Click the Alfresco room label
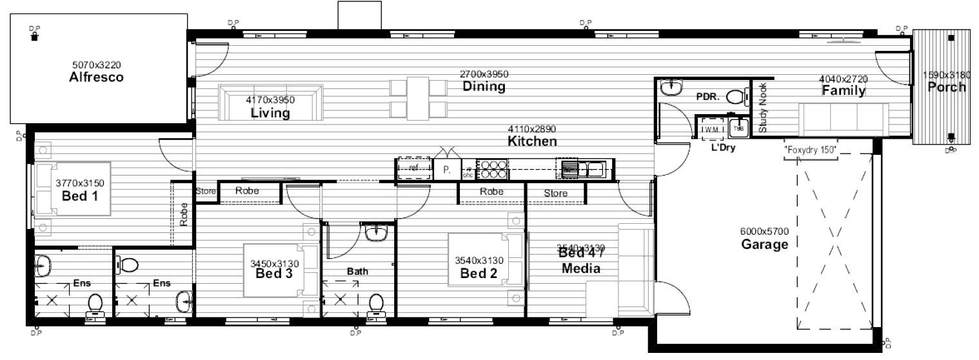[96, 77]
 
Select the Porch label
[946, 87]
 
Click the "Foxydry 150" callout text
[810, 150]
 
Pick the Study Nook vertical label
[763, 108]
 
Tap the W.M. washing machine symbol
[711, 128]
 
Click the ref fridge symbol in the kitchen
[413, 169]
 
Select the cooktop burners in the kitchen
[493, 169]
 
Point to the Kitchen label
[532, 141]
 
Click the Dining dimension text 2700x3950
[483, 74]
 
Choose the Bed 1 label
[80, 195]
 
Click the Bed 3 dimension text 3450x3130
[274, 263]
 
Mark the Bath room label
[357, 272]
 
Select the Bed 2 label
[479, 273]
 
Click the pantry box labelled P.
[446, 170]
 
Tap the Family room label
[843, 91]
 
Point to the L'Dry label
[723, 147]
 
